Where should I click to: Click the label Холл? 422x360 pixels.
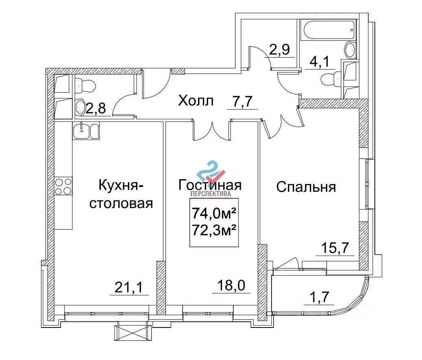coord(196,101)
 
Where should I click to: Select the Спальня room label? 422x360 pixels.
coord(306,187)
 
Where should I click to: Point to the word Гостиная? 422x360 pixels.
coord(210,185)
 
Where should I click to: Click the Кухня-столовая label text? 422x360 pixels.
coord(121,194)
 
